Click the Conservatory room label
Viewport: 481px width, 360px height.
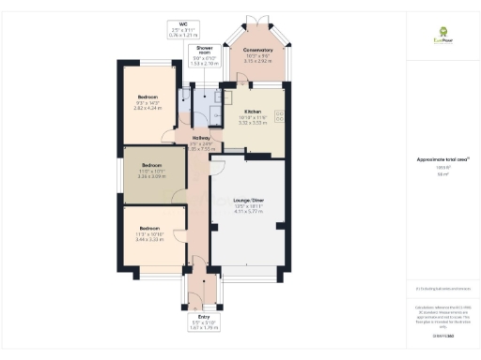258,50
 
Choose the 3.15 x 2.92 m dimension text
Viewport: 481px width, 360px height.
258,60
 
